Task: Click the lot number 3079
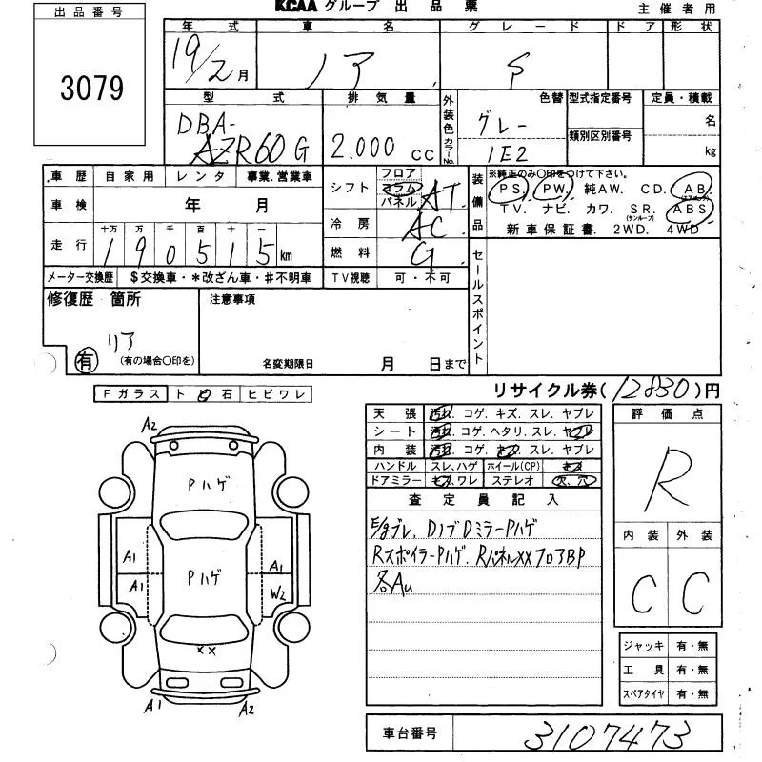91,89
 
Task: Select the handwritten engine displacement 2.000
363,146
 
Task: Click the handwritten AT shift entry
440,197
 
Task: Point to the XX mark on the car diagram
205,651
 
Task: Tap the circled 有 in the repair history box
87,360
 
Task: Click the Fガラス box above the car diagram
130,394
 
